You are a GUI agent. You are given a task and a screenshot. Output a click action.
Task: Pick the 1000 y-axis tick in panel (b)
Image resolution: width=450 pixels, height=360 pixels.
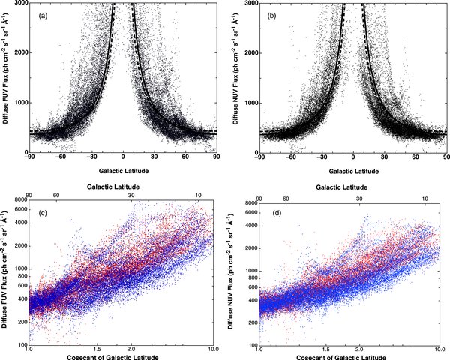pyautogui.click(x=250, y=103)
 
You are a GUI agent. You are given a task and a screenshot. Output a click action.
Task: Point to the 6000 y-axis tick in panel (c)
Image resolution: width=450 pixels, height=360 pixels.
pyautogui.click(x=19, y=209)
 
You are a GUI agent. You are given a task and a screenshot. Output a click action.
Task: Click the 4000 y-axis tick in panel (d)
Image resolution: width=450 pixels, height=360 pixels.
pyautogui.click(x=250, y=224)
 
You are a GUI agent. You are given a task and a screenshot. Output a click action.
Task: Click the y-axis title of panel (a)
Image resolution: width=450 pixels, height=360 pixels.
pyautogui.click(x=6, y=79)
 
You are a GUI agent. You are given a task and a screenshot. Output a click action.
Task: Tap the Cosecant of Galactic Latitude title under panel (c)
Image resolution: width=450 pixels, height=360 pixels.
pyautogui.click(x=120, y=357)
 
